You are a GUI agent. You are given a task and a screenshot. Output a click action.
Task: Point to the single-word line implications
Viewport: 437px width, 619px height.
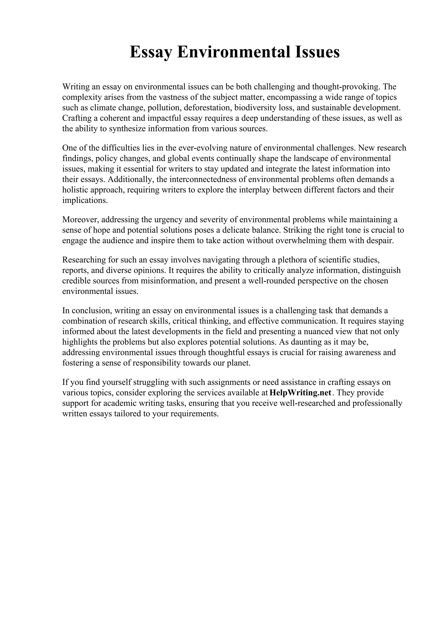tap(85, 200)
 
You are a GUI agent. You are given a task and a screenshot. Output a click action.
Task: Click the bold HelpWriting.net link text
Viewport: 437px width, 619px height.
tap(300, 393)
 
